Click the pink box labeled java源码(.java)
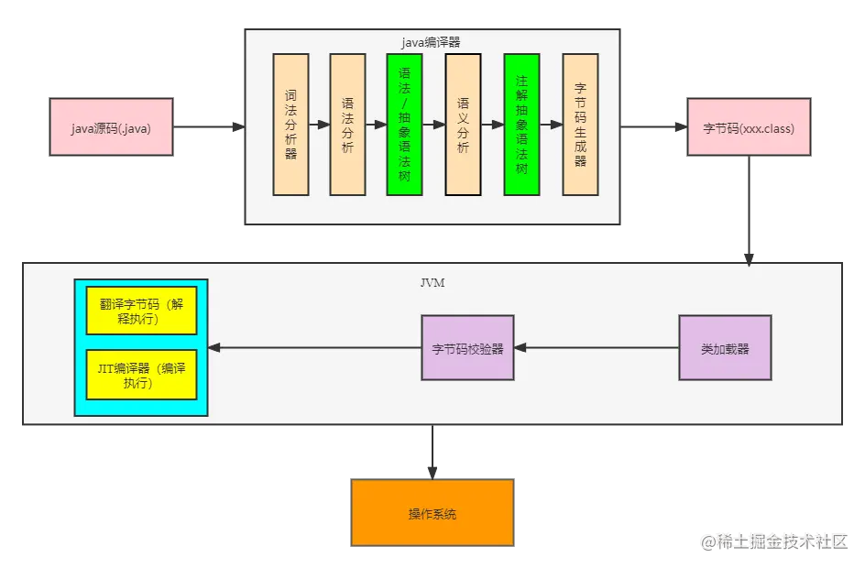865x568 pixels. pyautogui.click(x=111, y=128)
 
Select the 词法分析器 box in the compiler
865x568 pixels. pyautogui.click(x=290, y=124)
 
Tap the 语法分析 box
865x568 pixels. pyautogui.click(x=347, y=124)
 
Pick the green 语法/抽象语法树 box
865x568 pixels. pyautogui.click(x=404, y=124)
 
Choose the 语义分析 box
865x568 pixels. pyautogui.click(x=463, y=124)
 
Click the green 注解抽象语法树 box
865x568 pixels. pyautogui.click(x=521, y=124)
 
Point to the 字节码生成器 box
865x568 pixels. pyautogui.click(x=580, y=124)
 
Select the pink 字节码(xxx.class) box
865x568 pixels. pyautogui.click(x=749, y=128)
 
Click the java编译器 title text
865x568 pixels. pyautogui.click(x=432, y=42)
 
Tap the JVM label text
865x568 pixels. pyautogui.click(x=432, y=283)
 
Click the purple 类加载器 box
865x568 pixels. pyautogui.click(x=725, y=348)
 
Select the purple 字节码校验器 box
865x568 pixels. pyautogui.click(x=467, y=348)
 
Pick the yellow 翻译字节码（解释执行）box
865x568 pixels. pyautogui.click(x=142, y=311)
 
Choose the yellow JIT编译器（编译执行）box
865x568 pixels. pyautogui.click(x=142, y=375)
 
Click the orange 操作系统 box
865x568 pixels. pyautogui.click(x=432, y=514)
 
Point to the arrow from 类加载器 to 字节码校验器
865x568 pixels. pyautogui.click(x=597, y=348)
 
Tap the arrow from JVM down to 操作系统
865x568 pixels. pyautogui.click(x=432, y=452)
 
